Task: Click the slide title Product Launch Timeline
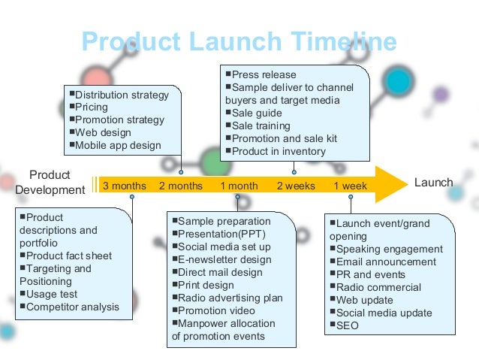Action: point(239,42)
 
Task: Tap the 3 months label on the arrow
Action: point(124,186)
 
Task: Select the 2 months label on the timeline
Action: point(181,186)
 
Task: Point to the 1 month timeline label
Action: point(239,186)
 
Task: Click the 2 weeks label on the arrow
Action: point(296,186)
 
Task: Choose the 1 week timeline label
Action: point(351,186)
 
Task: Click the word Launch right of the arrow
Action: point(433,183)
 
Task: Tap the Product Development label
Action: point(50,183)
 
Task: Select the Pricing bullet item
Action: point(92,107)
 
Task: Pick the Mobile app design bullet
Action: point(118,146)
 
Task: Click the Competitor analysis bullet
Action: point(72,307)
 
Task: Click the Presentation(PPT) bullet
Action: point(217,234)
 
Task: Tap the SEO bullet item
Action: point(347,325)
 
